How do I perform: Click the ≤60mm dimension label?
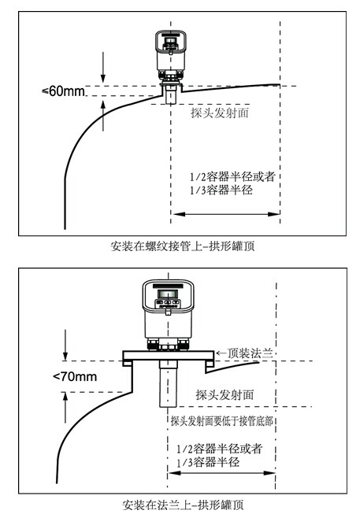63,91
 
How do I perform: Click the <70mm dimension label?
75,376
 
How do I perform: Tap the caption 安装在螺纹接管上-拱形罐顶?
183,246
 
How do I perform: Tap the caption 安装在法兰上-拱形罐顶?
183,505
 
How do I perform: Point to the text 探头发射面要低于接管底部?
222,420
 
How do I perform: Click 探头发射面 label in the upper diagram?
220,113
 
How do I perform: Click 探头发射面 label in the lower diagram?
225,394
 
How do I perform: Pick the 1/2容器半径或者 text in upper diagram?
232,176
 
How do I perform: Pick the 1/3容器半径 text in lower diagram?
208,462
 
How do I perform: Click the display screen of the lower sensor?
168,294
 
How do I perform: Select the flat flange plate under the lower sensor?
169,355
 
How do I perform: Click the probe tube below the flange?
169,383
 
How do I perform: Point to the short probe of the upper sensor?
171,94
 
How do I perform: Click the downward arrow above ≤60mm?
103,67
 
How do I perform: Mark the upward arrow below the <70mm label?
65,408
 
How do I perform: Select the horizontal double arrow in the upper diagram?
226,214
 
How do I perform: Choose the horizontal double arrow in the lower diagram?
221,473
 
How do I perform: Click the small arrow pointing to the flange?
221,353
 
